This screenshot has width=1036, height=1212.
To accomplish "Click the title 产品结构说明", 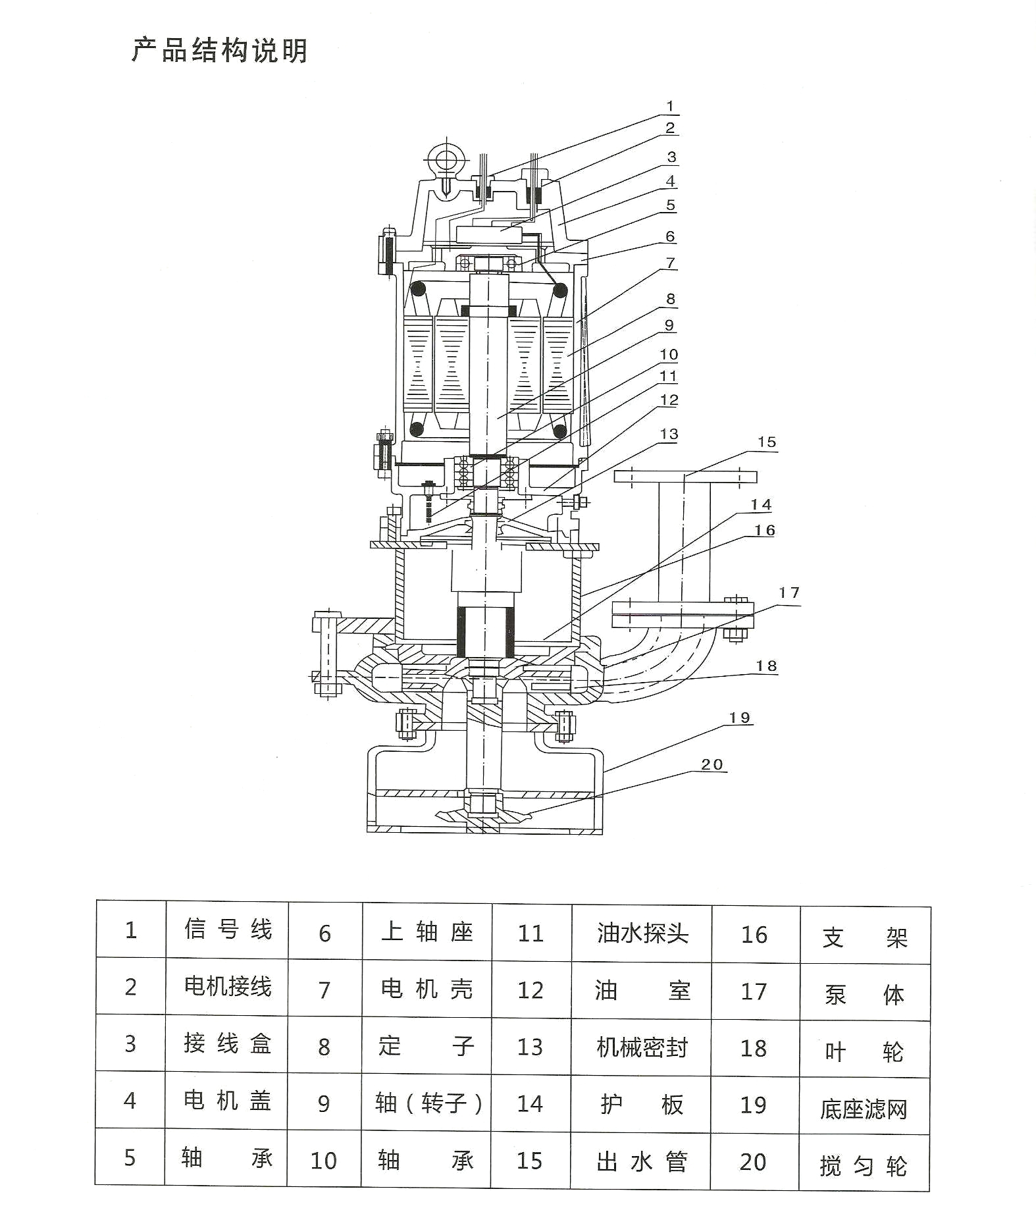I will pos(220,50).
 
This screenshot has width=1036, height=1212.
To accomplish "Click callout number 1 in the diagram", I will pos(670,107).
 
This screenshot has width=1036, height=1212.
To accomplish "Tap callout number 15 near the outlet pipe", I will pos(767,442).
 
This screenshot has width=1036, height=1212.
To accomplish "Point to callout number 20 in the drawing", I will pos(712,764).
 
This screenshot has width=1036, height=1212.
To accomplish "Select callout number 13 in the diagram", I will pos(669,435).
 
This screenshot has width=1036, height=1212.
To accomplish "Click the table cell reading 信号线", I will pos(227,930).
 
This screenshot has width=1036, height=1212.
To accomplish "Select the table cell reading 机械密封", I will pos(642,1047).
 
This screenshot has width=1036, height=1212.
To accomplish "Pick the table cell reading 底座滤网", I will pos(864,1109).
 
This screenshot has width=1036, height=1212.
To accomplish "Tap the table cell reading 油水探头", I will pos(642,933).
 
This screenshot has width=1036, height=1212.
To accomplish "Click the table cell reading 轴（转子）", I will pos(428,1103).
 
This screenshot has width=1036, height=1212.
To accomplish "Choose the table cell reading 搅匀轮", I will pos(864,1166).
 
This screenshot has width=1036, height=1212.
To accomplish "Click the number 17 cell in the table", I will pos(754,991).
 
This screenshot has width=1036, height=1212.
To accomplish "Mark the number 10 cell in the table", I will pos(323,1161).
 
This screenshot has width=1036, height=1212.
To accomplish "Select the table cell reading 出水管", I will pos(641,1161).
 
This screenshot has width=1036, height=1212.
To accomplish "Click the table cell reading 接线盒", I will pos(227,1043).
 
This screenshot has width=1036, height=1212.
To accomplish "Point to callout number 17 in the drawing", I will pos(789,593).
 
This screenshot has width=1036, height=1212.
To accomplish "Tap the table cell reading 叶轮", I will pos(864,1052).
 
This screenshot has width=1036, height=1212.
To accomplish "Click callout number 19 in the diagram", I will pos(739,718).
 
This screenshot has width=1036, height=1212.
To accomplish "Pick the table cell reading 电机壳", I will pos(427,989).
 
